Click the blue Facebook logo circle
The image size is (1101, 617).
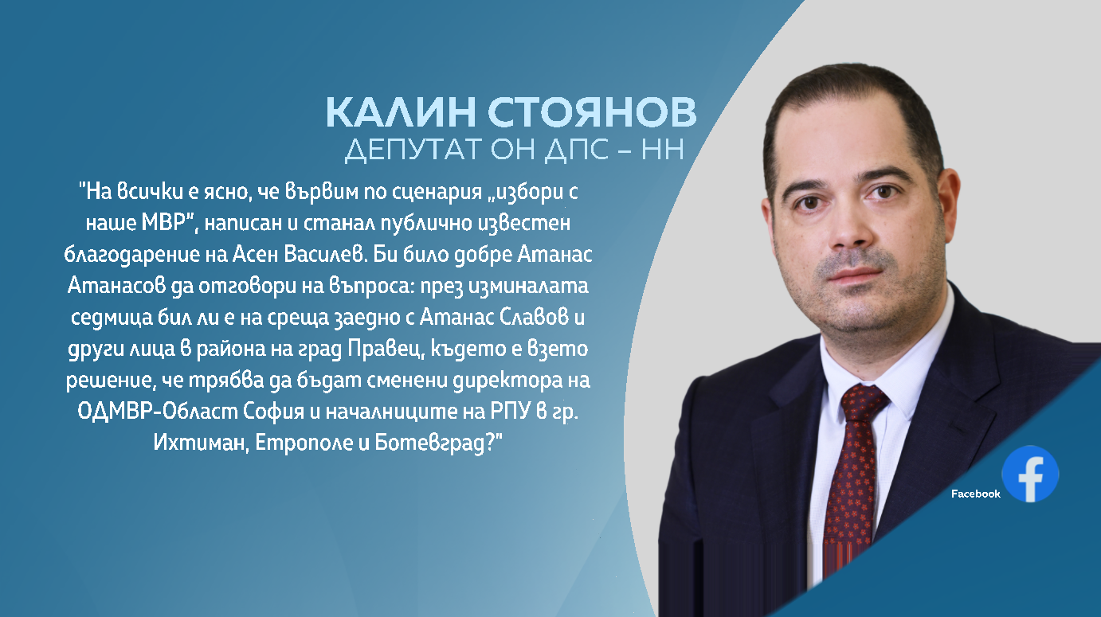[x=1029, y=474]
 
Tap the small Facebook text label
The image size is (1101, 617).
[x=975, y=494]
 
